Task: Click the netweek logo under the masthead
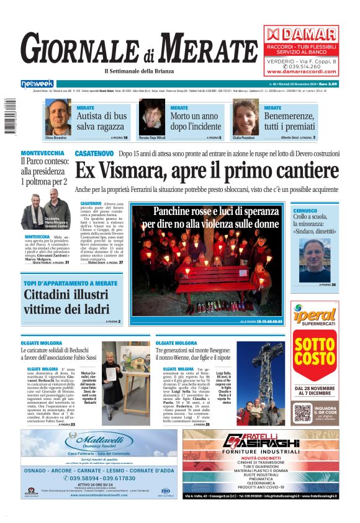(x=37, y=83)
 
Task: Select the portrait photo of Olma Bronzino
(x=58, y=117)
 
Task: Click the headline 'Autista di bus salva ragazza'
(x=102, y=121)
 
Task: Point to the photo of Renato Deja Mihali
(x=151, y=117)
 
